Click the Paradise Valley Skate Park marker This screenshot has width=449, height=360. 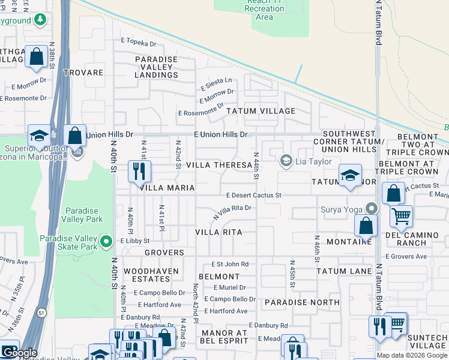[107, 242]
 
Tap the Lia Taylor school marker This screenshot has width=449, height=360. [286, 160]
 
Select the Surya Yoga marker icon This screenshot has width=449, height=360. [372, 209]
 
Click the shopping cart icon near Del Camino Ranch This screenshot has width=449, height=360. [400, 214]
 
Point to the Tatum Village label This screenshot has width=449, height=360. [261, 111]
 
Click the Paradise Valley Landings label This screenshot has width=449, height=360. [157, 67]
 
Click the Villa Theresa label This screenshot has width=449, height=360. [218, 165]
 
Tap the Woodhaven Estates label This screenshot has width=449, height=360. [147, 275]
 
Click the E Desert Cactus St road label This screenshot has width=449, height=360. [254, 196]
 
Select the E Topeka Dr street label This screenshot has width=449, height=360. [138, 43]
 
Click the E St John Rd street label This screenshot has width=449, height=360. [230, 264]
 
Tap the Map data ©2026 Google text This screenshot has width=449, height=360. [411, 355]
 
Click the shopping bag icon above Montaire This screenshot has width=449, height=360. [366, 226]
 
